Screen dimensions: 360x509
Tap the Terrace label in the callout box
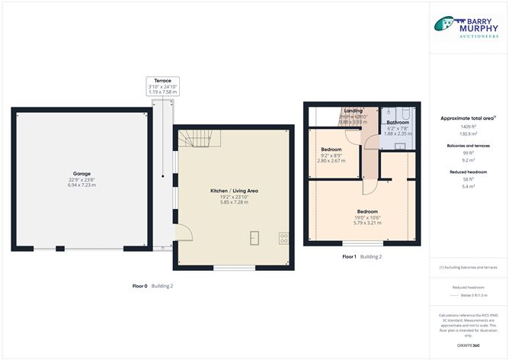[162, 81]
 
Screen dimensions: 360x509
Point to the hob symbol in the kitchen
[283, 238]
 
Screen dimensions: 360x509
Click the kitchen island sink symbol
[254, 238]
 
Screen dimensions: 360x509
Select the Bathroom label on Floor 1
[398, 123]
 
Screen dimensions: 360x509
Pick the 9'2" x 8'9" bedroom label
[331, 149]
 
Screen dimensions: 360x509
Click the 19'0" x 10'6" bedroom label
[367, 211]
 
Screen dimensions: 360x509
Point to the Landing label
[353, 111]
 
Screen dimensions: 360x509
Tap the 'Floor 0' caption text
[139, 285]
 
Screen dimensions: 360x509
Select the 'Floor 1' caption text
[349, 257]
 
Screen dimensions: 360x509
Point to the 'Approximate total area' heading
[467, 118]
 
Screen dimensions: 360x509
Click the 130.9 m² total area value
[469, 133]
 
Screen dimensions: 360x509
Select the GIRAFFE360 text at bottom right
[469, 345]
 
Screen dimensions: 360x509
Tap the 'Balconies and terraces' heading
[469, 145]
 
